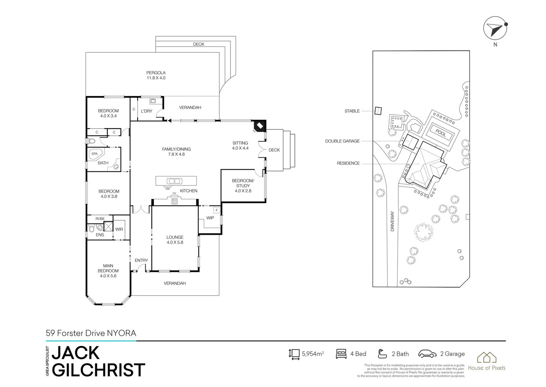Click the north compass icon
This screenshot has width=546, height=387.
(495, 29)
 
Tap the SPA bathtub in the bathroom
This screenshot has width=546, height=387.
(96, 154)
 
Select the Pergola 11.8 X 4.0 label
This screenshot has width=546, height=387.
(156, 75)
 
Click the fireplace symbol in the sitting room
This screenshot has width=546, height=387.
(259, 126)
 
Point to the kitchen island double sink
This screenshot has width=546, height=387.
(174, 181)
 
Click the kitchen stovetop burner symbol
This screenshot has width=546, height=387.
(174, 201)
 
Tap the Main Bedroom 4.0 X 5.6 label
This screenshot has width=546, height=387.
(108, 271)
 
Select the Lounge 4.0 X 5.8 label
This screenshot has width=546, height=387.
(175, 240)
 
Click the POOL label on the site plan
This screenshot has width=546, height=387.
(441, 133)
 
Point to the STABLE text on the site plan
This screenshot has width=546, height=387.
(352, 111)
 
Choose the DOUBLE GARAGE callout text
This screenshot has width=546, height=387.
(342, 141)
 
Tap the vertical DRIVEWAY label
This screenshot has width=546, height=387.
(392, 221)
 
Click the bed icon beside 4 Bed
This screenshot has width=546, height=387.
(341, 354)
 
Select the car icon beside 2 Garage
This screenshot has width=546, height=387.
(427, 354)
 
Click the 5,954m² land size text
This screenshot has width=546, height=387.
(313, 354)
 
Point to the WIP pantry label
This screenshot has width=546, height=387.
(210, 218)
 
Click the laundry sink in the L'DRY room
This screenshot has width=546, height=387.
(152, 101)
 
